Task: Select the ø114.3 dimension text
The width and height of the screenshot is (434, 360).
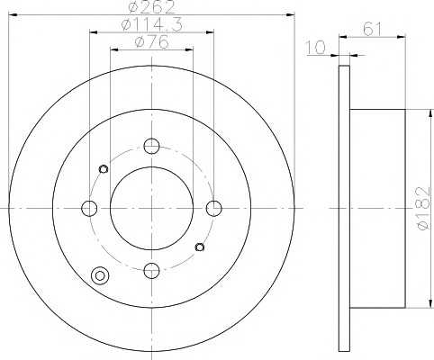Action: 151,25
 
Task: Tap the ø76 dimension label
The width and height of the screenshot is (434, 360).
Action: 151,42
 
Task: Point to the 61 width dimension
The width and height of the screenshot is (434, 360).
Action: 372,30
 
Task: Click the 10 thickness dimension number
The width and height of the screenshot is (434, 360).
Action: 316,48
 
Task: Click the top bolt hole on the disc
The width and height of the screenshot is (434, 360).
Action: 151,146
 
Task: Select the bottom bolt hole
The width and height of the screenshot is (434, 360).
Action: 151,270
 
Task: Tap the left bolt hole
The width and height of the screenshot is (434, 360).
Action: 89,208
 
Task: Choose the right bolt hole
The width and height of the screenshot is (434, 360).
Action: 214,208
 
